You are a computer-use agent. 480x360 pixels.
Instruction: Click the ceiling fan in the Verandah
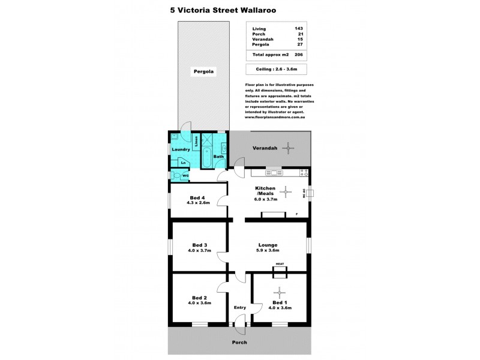[x=289, y=148]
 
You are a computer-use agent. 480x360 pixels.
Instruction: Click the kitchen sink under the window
[x=277, y=174]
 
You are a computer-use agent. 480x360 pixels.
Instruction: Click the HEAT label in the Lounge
[x=279, y=264]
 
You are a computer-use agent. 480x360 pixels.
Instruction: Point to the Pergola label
[x=203, y=71]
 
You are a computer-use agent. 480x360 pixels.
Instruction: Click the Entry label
[x=240, y=308]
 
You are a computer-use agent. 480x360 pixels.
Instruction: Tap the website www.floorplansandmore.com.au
[x=276, y=117]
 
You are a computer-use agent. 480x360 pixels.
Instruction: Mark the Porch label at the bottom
[x=239, y=342]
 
